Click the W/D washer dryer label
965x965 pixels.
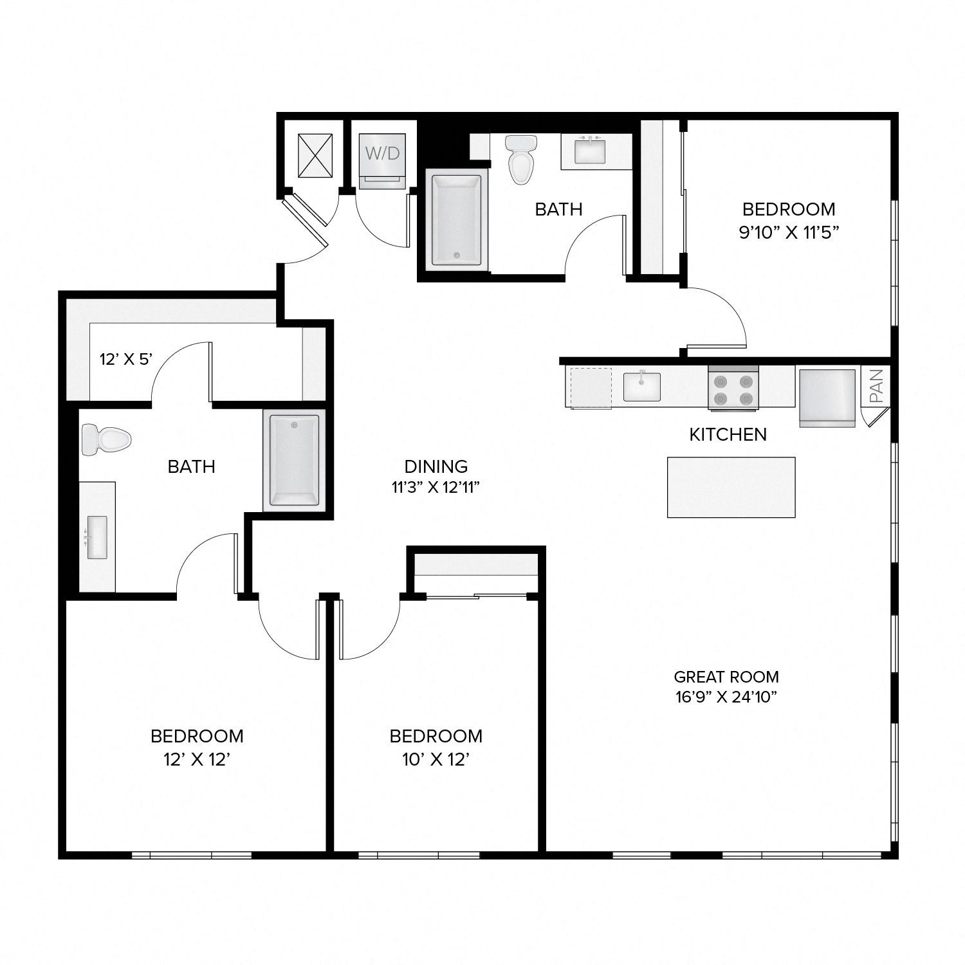[383, 153]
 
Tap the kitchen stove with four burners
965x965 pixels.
[733, 389]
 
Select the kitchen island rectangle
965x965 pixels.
[731, 487]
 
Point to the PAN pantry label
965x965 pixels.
[876, 385]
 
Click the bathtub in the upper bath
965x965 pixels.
[456, 220]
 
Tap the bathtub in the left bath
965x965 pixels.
[294, 460]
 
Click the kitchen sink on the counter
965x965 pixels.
[641, 387]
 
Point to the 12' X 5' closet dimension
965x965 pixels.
[125, 359]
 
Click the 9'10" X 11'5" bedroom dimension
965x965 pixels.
[789, 232]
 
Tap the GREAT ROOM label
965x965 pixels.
[726, 677]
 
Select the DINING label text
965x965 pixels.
[436, 466]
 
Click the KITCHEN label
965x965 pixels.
[728, 435]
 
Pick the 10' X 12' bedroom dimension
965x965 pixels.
[436, 760]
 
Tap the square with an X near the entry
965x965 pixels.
[315, 156]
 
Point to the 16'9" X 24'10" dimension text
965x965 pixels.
[726, 697]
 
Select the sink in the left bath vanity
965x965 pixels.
[96, 537]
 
